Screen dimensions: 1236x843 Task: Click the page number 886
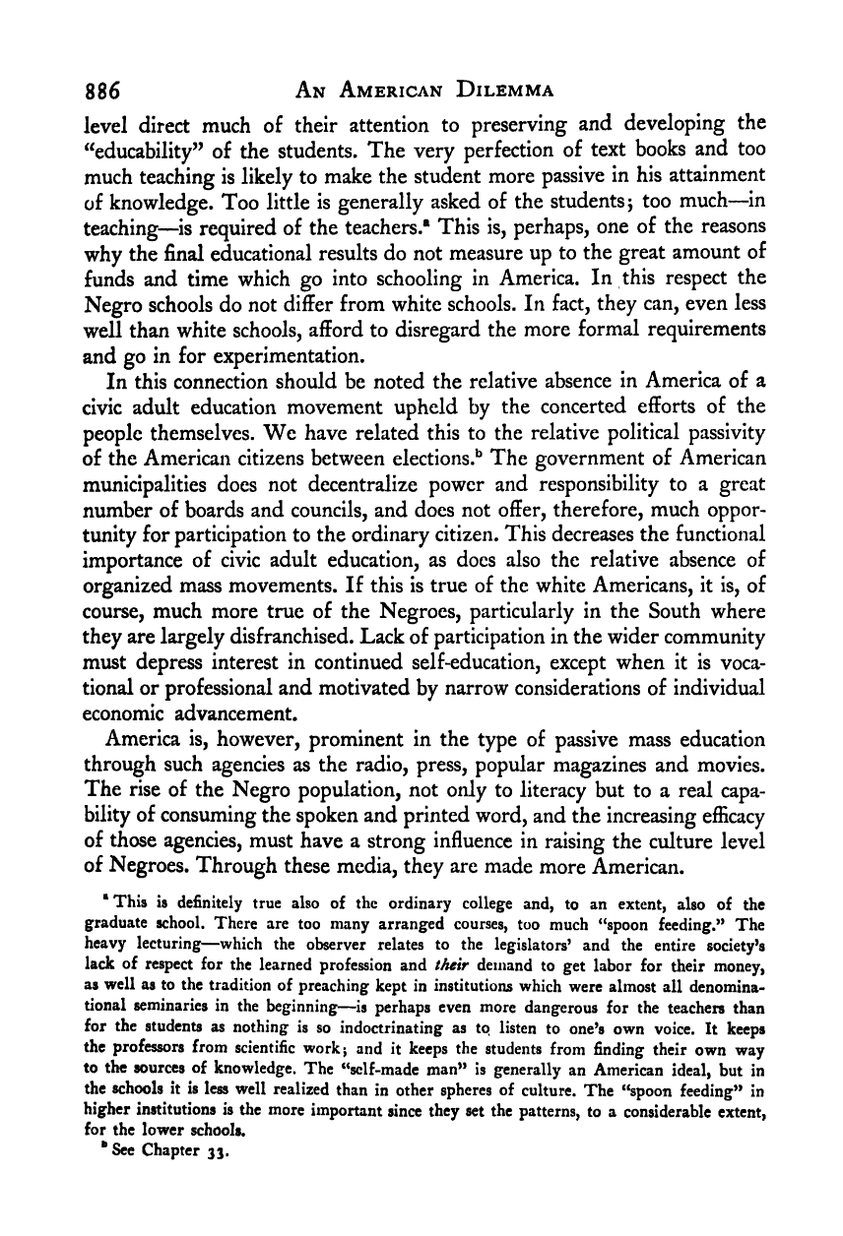coord(100,93)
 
